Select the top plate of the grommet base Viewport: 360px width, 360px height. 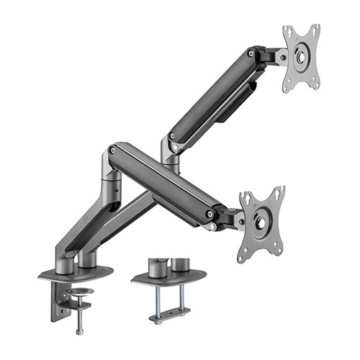168,276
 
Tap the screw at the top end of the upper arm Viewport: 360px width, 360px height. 251,53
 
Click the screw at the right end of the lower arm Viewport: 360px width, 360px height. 210,214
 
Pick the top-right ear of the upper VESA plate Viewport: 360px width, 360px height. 315,30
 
